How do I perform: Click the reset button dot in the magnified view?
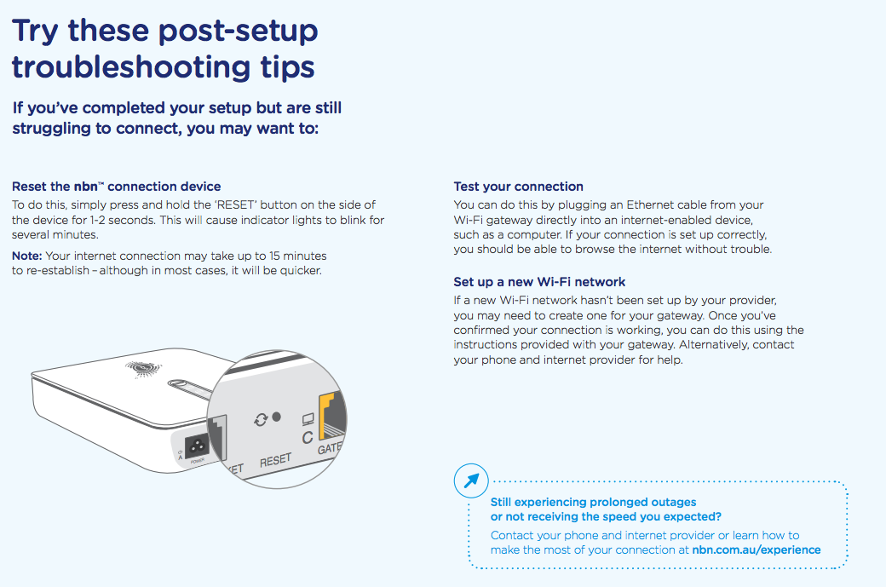point(277,418)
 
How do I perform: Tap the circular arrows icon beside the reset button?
point(260,419)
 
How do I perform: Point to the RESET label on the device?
point(275,461)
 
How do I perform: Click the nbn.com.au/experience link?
point(757,550)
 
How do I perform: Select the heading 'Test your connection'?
point(518,187)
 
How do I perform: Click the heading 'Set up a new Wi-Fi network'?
point(539,282)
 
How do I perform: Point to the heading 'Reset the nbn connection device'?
point(116,187)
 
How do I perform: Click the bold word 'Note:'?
point(27,256)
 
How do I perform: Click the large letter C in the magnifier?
point(308,438)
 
